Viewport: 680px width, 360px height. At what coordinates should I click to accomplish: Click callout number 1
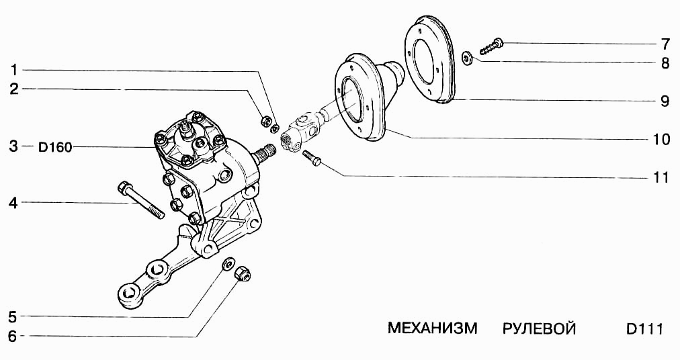pos(13,69)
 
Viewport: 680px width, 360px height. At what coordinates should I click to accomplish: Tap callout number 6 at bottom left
pos(13,336)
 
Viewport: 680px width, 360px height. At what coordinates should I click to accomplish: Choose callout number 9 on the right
pos(664,101)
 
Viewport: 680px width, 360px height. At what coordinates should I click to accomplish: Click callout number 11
pos(661,178)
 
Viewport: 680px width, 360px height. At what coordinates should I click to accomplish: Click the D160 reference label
pos(55,147)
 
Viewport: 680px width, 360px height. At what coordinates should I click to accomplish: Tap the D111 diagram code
pos(644,329)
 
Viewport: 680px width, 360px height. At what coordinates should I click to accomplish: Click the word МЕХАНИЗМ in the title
pos(432,329)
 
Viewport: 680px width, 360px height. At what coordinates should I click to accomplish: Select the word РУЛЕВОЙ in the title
pos(539,329)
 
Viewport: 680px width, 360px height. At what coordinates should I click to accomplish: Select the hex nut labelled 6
pos(241,273)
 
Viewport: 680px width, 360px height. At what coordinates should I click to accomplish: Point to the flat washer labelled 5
pos(227,263)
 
